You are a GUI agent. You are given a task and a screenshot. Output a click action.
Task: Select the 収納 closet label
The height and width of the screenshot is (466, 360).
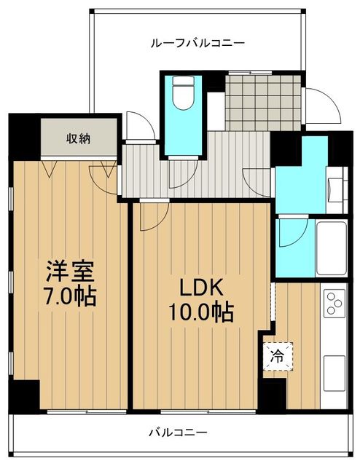click(79, 138)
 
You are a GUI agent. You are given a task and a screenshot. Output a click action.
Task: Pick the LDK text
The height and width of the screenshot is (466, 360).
click(197, 287)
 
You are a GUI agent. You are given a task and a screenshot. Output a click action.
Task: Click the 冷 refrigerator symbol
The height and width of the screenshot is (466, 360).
click(277, 357)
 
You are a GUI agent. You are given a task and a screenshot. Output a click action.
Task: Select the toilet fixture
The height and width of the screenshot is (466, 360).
click(179, 92)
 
